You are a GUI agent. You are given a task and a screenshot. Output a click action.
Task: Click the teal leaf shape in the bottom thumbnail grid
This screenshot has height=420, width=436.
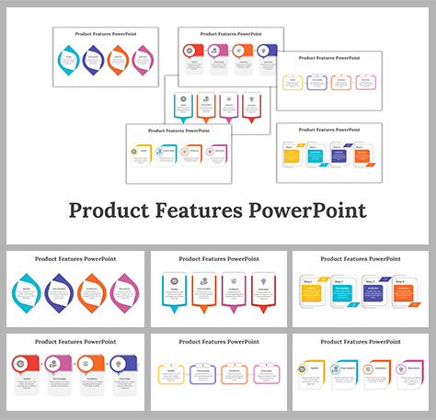(26, 293)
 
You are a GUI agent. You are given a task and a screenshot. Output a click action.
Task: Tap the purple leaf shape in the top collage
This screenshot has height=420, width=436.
(92, 61)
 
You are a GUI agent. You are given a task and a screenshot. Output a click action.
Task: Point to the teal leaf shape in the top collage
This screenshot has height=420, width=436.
(68, 61)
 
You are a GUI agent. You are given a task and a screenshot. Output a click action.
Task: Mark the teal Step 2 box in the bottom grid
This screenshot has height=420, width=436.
(341, 293)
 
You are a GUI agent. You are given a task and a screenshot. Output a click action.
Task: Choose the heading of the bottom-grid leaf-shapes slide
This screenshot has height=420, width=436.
(74, 260)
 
